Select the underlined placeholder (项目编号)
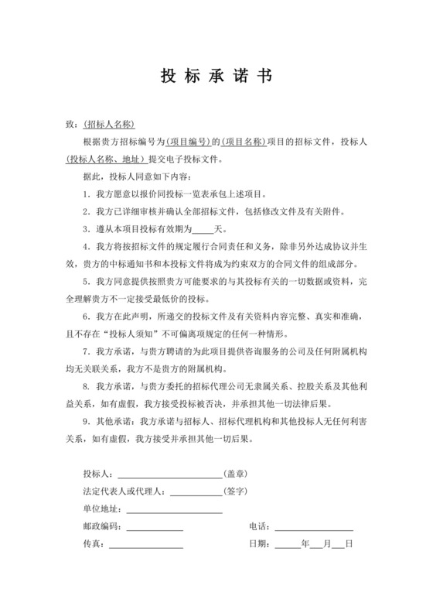pos(189,142)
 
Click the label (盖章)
pos(237,472)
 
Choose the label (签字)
pos(237,490)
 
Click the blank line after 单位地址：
pos(174,510)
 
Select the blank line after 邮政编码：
pos(155,528)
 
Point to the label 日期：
pos(261,545)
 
